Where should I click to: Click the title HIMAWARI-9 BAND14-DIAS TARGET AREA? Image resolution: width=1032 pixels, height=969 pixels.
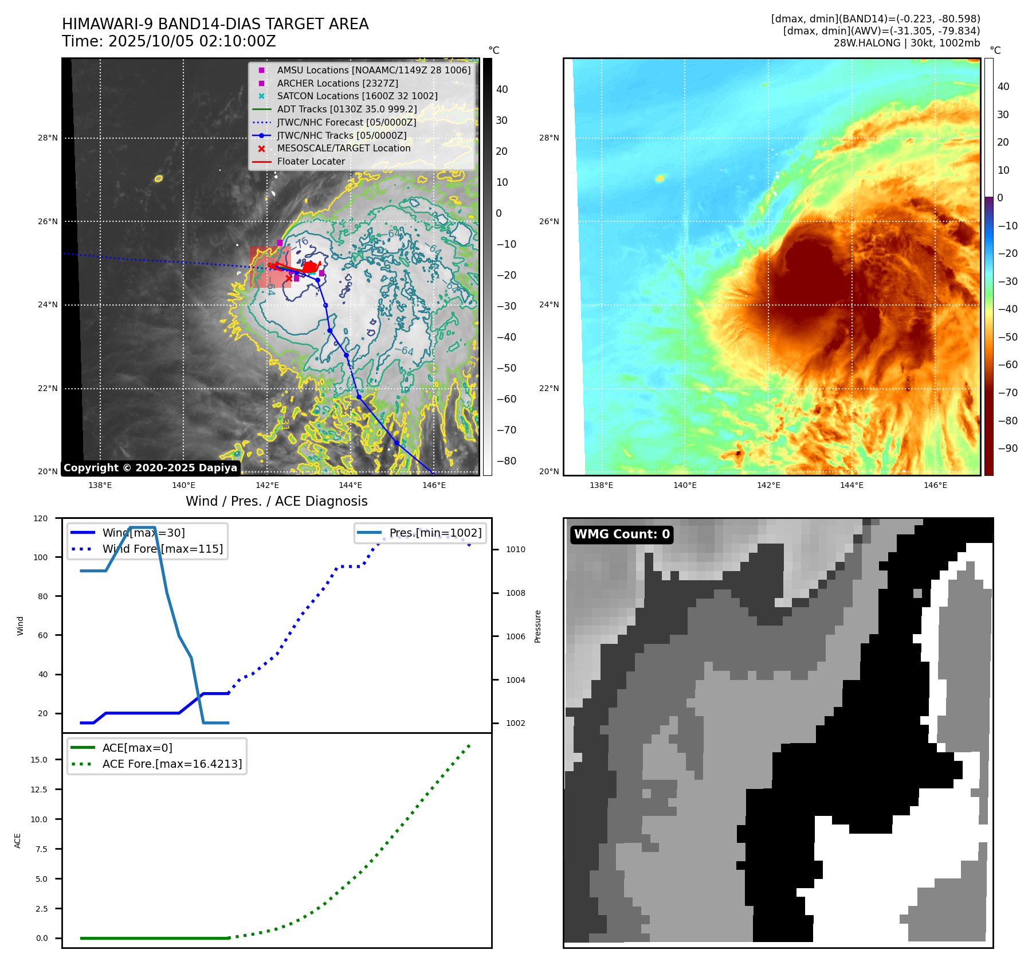[x=215, y=24]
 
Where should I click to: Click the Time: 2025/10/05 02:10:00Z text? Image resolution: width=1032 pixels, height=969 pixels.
[x=168, y=41]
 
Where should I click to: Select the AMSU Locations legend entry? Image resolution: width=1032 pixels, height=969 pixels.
[x=373, y=70]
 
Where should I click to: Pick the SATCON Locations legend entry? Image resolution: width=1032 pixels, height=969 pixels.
[x=356, y=96]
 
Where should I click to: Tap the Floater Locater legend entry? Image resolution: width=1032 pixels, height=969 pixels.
[x=311, y=161]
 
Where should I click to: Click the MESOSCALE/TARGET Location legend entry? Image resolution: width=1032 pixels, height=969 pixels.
[x=343, y=148]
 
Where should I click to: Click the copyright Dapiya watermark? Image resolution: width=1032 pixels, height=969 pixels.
[x=150, y=468]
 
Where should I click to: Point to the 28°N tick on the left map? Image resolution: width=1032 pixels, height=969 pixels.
[x=48, y=138]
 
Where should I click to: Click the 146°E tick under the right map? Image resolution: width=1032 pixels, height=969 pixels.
[x=935, y=485]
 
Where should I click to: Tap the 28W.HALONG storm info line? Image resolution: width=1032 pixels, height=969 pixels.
[x=906, y=43]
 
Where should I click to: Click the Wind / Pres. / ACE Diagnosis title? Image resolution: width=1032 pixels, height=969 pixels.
[x=276, y=501]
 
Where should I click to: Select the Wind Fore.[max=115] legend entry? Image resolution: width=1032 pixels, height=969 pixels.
[x=162, y=549]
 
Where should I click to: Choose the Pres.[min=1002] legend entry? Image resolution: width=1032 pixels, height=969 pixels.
[x=435, y=533]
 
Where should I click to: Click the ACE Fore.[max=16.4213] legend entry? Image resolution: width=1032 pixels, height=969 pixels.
[x=172, y=764]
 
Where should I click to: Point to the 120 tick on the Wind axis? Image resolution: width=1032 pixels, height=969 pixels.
[x=41, y=518]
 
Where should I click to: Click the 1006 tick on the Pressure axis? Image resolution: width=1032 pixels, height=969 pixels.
[x=515, y=636]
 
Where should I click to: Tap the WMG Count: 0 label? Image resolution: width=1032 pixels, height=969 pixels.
[x=622, y=534]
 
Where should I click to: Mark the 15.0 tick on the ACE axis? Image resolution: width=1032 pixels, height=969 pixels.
[x=39, y=760]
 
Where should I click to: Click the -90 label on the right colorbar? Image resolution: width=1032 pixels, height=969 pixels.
[x=1007, y=448]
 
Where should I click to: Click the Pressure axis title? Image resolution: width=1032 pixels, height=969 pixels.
[x=537, y=626]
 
